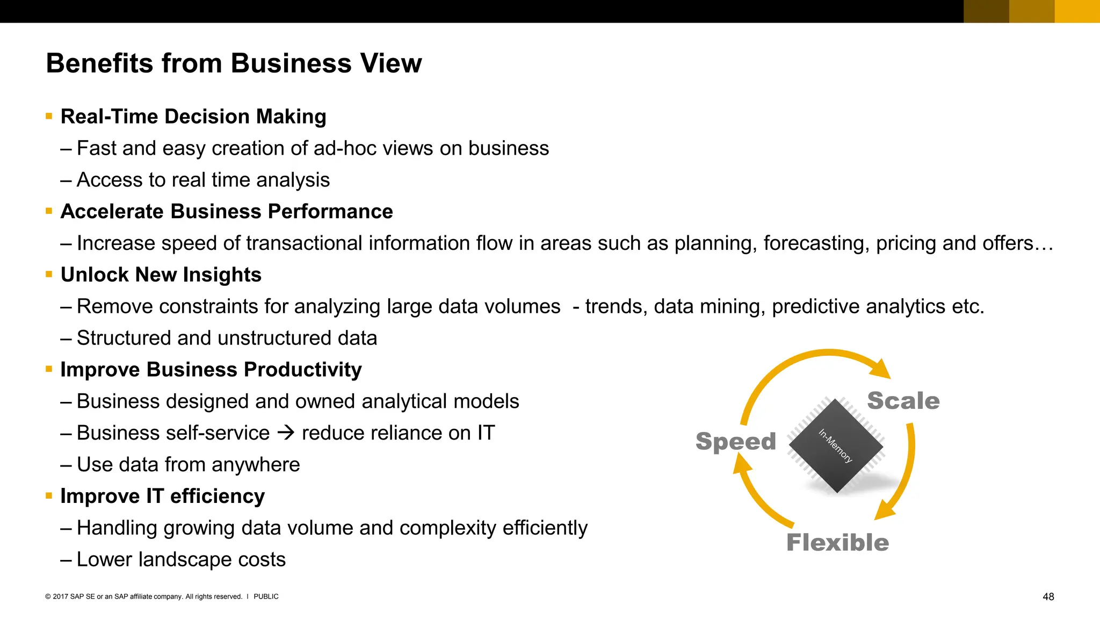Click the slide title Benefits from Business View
[x=234, y=63]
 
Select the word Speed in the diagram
[x=735, y=442]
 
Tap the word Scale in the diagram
[x=903, y=401]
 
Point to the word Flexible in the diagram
[x=837, y=543]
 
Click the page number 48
[x=1048, y=596]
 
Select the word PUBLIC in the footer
[x=266, y=596]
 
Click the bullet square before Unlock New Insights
[x=49, y=274]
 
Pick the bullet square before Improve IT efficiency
[x=49, y=495]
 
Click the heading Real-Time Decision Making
[x=193, y=117]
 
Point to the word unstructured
[x=274, y=338]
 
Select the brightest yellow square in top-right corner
[x=1077, y=11]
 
